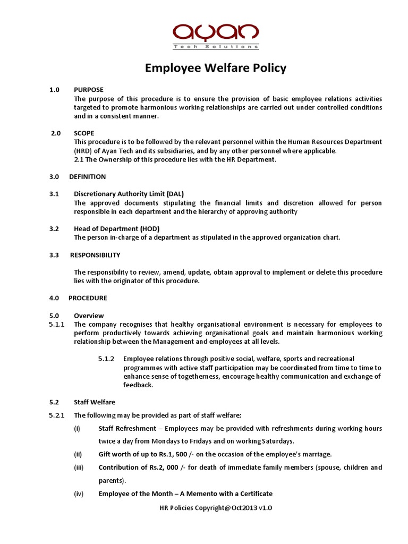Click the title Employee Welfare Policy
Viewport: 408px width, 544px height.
pyautogui.click(x=216, y=68)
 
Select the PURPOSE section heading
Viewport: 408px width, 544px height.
pyautogui.click(x=89, y=90)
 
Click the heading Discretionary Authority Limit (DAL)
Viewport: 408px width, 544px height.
pyautogui.click(x=129, y=194)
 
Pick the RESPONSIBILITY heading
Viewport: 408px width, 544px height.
pyautogui.click(x=95, y=255)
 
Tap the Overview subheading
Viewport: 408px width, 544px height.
pyautogui.click(x=89, y=316)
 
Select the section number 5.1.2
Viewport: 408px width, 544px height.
pyautogui.click(x=107, y=359)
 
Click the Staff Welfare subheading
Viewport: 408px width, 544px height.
pyautogui.click(x=95, y=402)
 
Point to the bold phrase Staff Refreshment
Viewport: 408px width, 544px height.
pyautogui.click(x=130, y=428)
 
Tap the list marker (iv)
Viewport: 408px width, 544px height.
pyautogui.click(x=79, y=494)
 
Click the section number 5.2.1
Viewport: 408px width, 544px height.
pyautogui.click(x=57, y=415)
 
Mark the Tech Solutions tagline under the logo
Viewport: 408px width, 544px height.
pyautogui.click(x=216, y=47)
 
